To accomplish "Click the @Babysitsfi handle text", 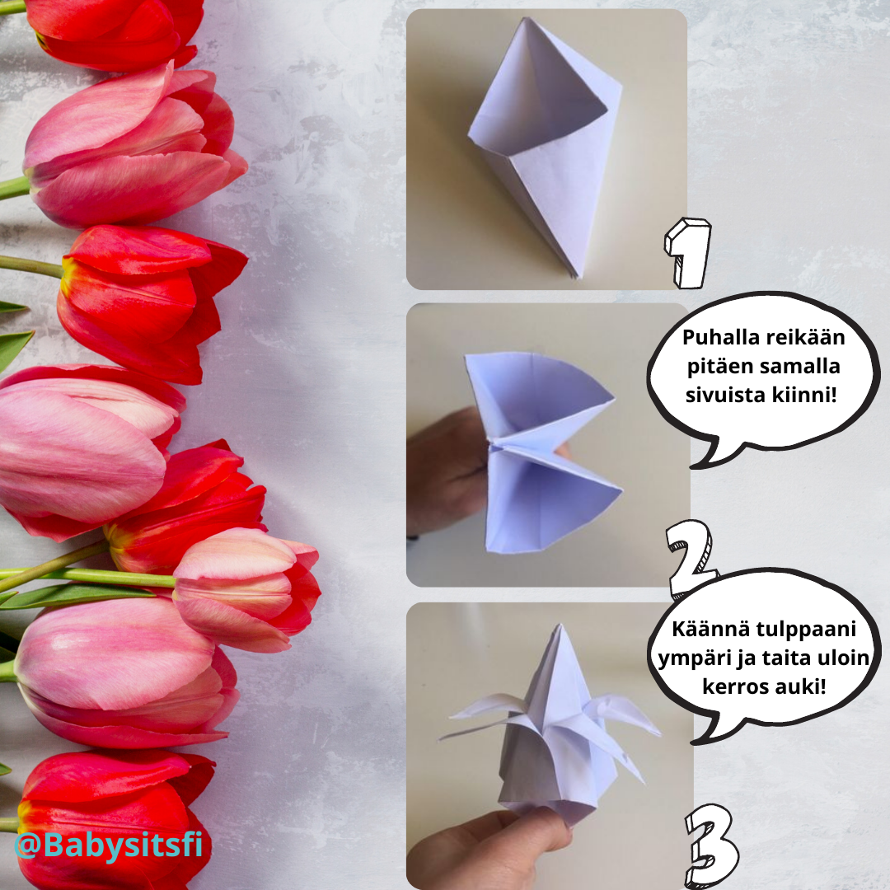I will pos(108,845).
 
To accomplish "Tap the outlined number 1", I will pos(686,253).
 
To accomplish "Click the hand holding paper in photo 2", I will pos(441,470).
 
